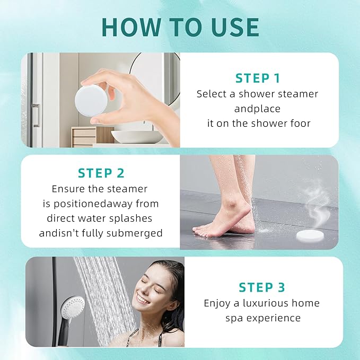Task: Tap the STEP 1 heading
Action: pyautogui.click(x=258, y=78)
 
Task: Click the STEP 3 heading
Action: pyautogui.click(x=261, y=287)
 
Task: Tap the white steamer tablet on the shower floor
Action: pyautogui.click(x=313, y=234)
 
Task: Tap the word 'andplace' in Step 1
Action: pyautogui.click(x=257, y=109)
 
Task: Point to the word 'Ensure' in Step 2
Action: pyautogui.click(x=68, y=188)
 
